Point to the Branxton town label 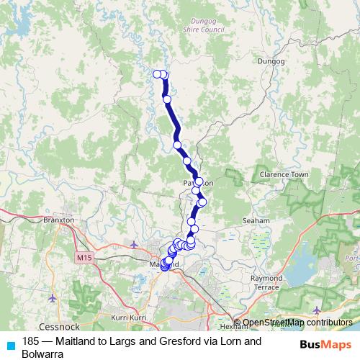click(59, 220)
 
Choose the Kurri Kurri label click(129, 317)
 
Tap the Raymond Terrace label click(266, 282)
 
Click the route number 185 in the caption click(31, 342)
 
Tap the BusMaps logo click(325, 345)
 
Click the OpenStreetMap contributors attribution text click(297, 323)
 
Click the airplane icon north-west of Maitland click(135, 245)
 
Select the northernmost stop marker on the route click(158, 74)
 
